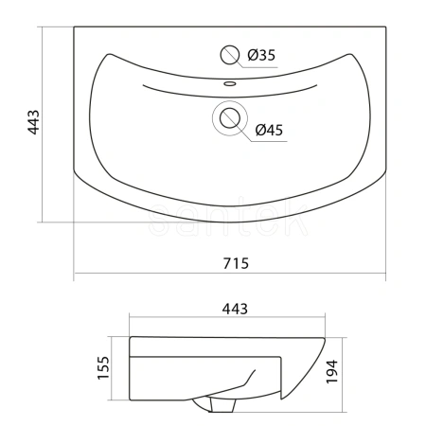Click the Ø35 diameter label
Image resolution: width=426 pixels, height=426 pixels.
[x=261, y=55]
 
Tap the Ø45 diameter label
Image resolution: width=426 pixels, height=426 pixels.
[x=269, y=130]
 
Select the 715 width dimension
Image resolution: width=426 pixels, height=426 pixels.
[x=236, y=263]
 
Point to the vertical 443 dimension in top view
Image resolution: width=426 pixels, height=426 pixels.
[x=34, y=122]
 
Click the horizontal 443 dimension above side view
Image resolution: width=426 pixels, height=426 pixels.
[x=235, y=309]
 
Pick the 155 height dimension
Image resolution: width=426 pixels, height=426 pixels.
[x=103, y=367]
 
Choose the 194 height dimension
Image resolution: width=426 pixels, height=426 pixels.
[x=332, y=371]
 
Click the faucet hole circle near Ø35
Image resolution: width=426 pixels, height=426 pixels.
[x=229, y=55]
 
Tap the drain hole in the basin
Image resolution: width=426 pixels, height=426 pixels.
[x=230, y=118]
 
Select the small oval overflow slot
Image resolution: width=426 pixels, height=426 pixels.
[x=230, y=83]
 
